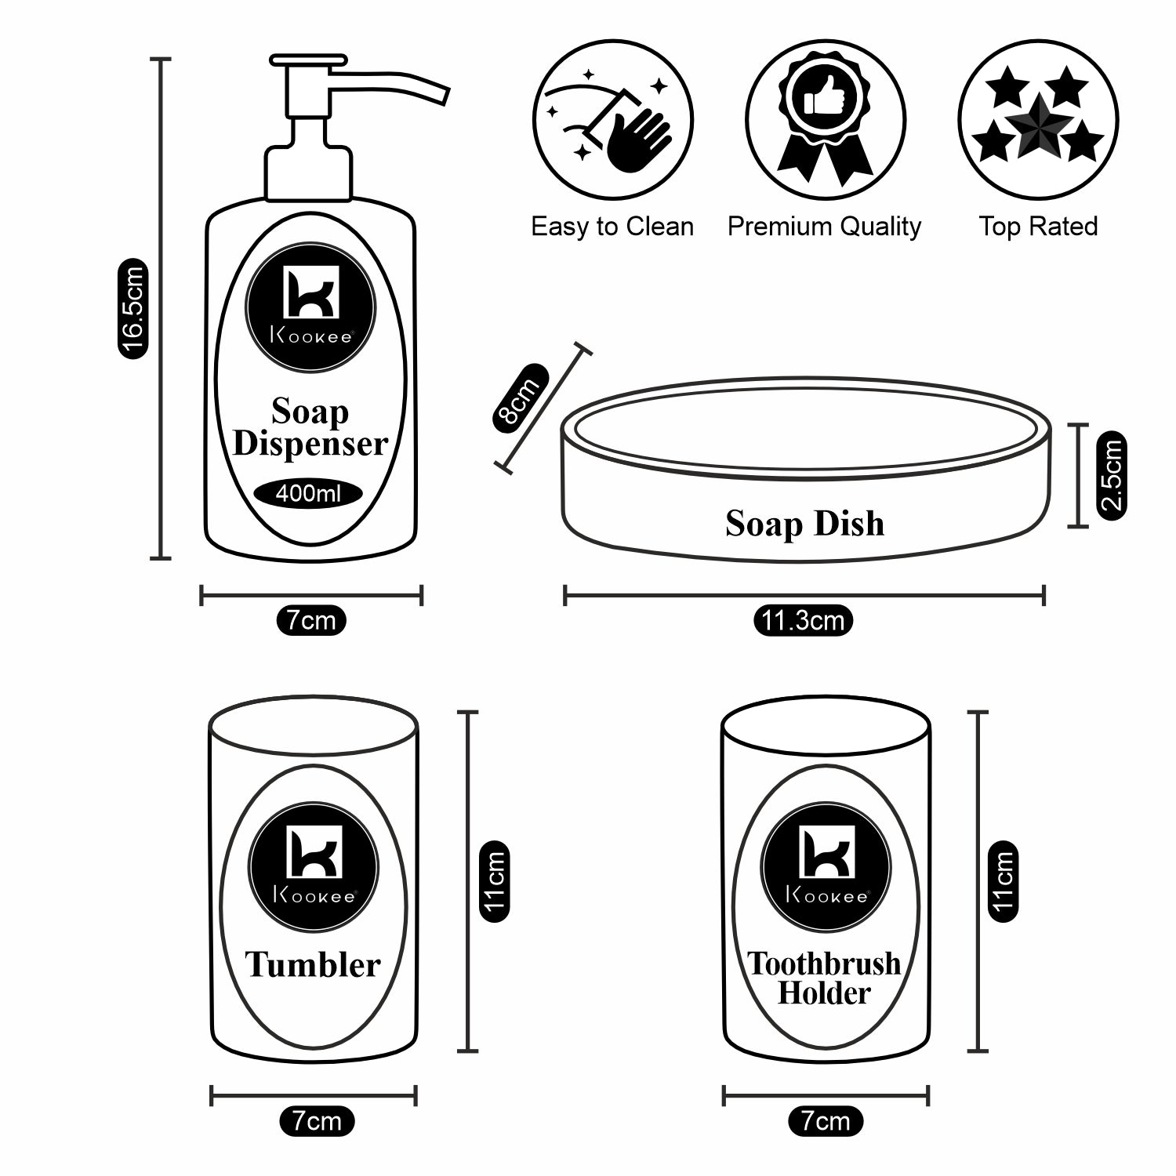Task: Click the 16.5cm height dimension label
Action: (132, 309)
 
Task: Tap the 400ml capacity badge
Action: (308, 494)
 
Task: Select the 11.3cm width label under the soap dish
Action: (803, 621)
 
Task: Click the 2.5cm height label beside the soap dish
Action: (1111, 475)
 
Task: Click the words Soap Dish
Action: (804, 524)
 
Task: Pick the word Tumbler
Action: (312, 964)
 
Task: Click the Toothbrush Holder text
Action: (824, 978)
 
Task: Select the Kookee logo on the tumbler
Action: (314, 867)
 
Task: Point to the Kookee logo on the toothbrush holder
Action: (826, 867)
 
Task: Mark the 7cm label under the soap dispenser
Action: (310, 621)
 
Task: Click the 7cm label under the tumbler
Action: (317, 1121)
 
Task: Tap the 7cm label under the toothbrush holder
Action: (825, 1121)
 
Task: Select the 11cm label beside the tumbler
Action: (494, 881)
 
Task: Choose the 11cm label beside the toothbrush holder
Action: (1004, 881)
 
